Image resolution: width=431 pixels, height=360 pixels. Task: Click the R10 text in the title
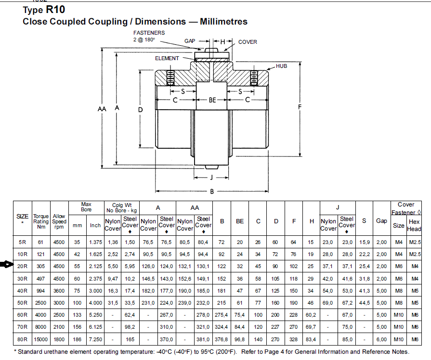[55, 10]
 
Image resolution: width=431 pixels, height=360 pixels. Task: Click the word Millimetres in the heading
[223, 22]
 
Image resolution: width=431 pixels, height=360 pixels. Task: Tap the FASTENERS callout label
[149, 33]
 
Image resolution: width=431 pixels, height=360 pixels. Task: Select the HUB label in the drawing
[281, 66]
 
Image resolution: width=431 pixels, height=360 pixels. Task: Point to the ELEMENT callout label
[167, 58]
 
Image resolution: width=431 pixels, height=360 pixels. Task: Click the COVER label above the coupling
[248, 42]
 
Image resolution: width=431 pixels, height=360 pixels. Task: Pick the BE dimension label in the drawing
[212, 100]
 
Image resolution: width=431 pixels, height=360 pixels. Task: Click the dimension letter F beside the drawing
[300, 107]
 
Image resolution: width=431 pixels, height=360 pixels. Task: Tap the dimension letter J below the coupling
[211, 178]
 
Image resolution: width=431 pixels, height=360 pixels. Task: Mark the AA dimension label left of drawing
[102, 109]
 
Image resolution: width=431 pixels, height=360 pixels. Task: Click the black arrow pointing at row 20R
[7, 265]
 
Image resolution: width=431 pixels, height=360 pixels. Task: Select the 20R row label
[22, 266]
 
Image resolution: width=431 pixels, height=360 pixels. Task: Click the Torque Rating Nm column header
[41, 221]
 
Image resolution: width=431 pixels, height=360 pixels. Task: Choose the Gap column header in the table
[381, 221]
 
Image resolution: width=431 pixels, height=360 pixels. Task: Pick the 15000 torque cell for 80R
[40, 339]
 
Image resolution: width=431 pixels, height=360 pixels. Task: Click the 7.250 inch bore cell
[95, 339]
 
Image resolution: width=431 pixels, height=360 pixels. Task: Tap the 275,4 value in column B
[221, 315]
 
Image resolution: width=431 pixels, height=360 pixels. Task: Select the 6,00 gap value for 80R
[381, 339]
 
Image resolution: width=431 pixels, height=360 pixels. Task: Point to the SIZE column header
[22, 218]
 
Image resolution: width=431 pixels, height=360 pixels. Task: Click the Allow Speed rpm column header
[59, 221]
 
